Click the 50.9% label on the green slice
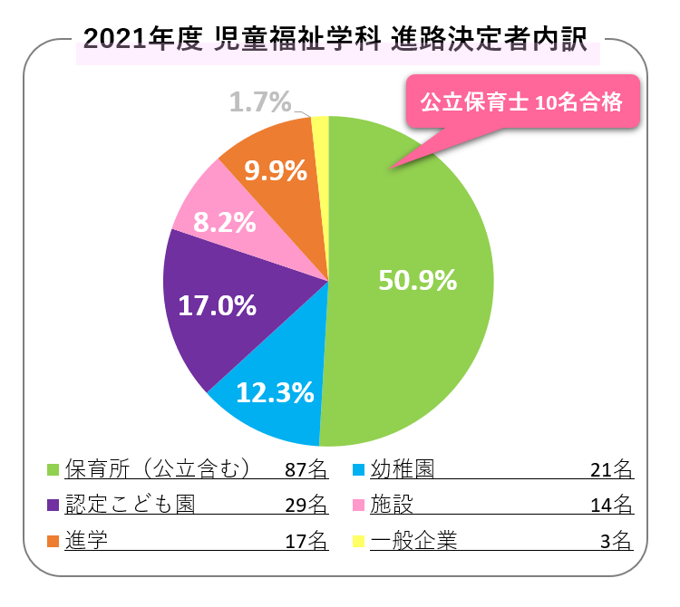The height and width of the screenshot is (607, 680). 417,281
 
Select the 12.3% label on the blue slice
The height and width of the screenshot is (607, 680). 275,392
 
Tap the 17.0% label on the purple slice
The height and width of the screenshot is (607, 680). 218,305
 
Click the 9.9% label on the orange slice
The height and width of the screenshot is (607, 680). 276,170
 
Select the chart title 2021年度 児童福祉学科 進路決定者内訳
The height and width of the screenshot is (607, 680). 335,39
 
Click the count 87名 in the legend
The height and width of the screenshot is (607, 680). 306,469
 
